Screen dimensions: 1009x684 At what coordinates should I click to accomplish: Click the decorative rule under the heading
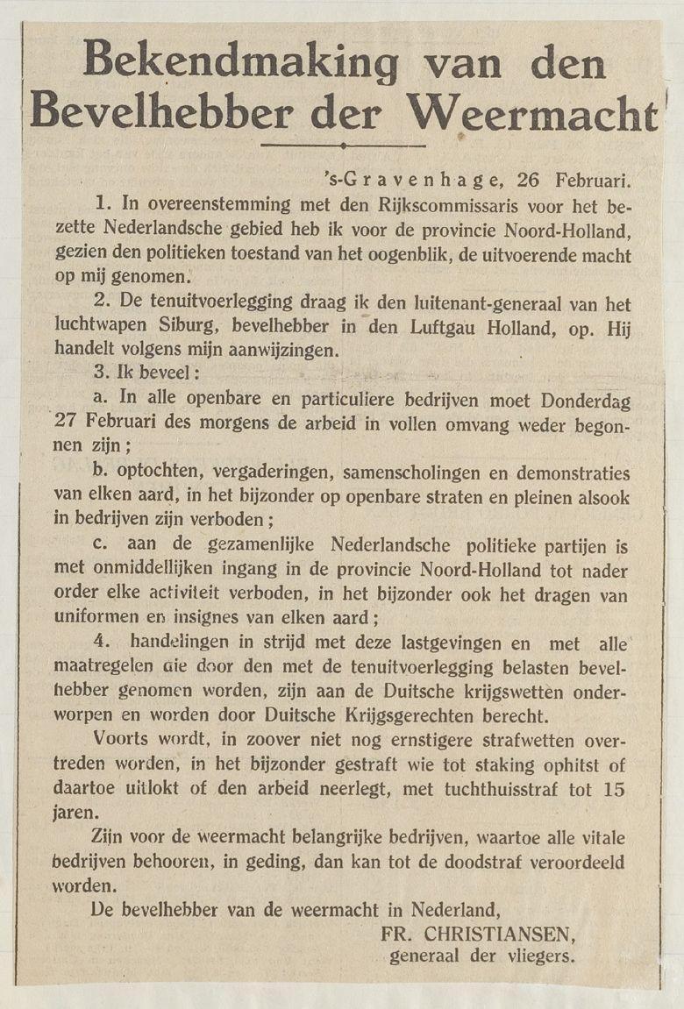point(343,146)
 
